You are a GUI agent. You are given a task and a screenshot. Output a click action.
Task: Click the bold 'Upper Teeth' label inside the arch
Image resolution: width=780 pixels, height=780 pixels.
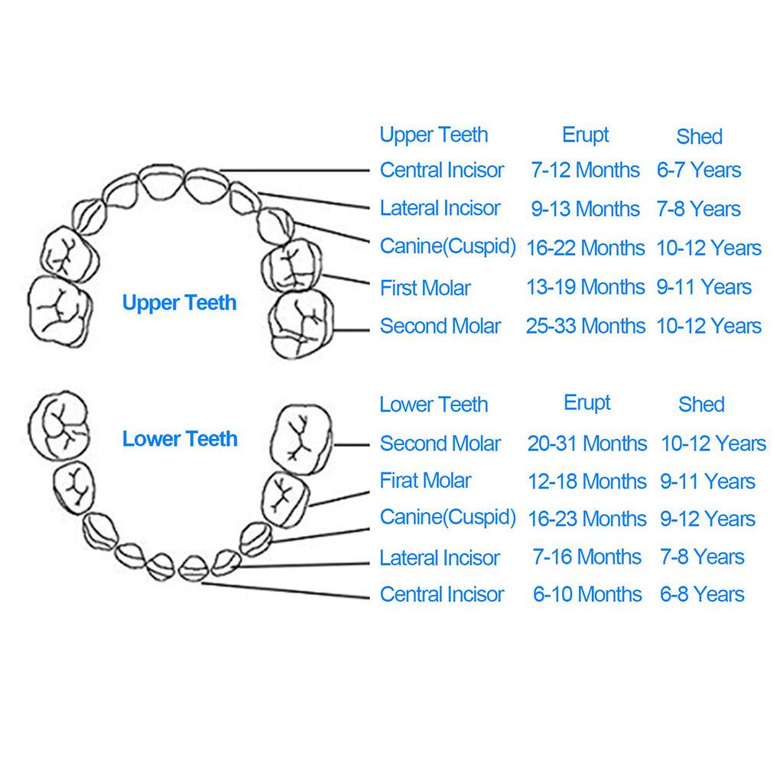[180, 303]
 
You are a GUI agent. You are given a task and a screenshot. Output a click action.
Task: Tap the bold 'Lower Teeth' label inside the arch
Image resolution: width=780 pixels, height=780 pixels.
[180, 439]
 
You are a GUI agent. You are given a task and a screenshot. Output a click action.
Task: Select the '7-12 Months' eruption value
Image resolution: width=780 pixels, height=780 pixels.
[585, 170]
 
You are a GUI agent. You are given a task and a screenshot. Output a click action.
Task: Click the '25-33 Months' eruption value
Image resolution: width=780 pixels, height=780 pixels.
[585, 326]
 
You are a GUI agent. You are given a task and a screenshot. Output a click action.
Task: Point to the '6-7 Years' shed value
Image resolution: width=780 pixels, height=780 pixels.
[699, 170]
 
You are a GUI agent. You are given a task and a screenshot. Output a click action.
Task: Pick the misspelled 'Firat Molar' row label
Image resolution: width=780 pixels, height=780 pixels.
[425, 481]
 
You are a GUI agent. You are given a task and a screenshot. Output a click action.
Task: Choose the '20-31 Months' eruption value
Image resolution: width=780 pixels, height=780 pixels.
[587, 444]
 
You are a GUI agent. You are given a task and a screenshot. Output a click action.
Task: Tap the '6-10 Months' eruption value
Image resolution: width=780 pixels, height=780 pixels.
[587, 594]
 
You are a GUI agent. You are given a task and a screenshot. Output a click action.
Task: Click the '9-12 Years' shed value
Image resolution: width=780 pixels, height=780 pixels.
[707, 518]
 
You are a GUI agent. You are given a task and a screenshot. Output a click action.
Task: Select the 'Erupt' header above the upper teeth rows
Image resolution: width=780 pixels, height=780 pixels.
[585, 135]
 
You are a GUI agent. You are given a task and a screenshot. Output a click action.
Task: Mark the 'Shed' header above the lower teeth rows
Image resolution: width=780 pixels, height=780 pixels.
[701, 405]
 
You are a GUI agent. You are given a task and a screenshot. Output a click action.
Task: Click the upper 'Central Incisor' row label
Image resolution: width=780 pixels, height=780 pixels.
[442, 170]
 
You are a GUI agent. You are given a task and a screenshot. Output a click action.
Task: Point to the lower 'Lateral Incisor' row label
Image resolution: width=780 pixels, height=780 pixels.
[440, 557]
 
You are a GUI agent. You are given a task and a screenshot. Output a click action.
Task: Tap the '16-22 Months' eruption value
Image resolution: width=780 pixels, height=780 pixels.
[585, 248]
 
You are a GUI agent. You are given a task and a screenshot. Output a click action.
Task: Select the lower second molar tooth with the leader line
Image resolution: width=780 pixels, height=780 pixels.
[302, 437]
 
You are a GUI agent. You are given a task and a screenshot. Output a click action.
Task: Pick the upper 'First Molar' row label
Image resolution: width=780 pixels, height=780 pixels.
[425, 288]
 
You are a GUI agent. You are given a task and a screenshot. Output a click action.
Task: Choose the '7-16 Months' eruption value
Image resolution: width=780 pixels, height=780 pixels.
[587, 557]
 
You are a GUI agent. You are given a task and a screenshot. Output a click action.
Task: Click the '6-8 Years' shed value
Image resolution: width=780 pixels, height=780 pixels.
[702, 594]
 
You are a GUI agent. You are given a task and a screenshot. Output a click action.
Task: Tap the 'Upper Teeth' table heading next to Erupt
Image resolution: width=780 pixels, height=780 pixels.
[434, 135]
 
